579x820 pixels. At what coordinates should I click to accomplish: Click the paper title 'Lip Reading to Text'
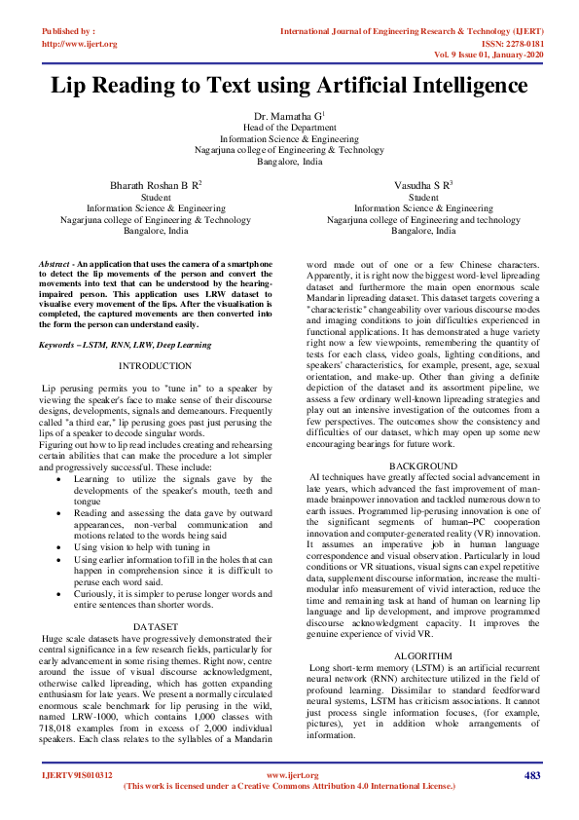click(x=289, y=87)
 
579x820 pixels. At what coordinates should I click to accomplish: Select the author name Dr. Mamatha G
click(x=289, y=116)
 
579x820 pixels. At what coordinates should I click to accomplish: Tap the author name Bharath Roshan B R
click(x=156, y=184)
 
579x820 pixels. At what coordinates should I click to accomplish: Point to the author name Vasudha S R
click(x=422, y=184)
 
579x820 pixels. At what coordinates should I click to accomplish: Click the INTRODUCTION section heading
click(x=155, y=366)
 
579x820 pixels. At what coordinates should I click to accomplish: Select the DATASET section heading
click(x=155, y=598)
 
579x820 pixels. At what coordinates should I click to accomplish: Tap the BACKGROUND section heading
click(x=422, y=468)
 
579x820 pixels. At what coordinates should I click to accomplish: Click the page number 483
click(x=531, y=775)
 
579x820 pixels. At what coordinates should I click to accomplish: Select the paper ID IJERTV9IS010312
click(x=77, y=775)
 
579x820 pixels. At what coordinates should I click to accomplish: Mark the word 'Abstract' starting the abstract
click(x=55, y=265)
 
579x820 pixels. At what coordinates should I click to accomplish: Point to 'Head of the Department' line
click(x=289, y=128)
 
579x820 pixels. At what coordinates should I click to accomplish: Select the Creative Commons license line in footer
click(x=290, y=786)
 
